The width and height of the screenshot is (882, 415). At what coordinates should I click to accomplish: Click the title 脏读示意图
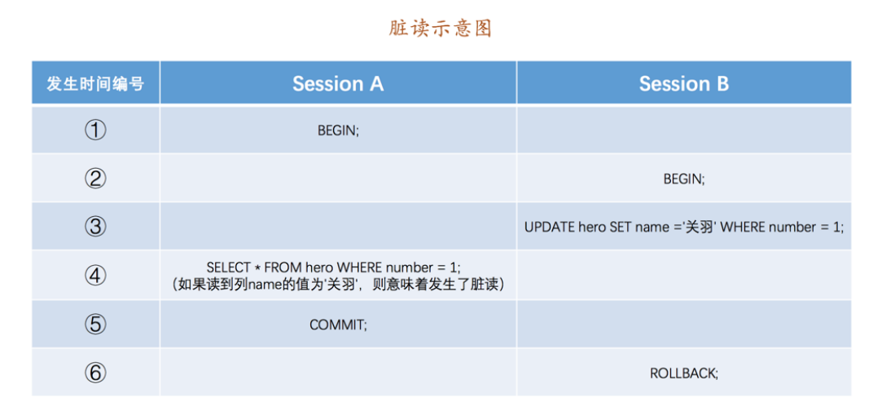click(x=441, y=29)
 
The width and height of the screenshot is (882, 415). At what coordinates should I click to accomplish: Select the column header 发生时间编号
click(x=95, y=83)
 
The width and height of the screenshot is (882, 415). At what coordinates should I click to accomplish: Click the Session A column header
click(x=338, y=83)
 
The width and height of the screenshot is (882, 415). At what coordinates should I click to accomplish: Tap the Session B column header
click(x=683, y=83)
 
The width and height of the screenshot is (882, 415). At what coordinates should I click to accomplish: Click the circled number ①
click(x=95, y=130)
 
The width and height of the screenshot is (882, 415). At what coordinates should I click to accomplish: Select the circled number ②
click(x=95, y=179)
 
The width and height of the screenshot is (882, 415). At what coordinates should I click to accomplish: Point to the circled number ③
click(x=95, y=227)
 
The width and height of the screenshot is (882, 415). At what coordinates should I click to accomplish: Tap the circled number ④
click(x=95, y=276)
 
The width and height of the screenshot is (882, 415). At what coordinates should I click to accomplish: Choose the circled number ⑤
click(x=95, y=324)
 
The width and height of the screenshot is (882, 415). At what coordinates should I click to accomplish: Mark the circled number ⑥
click(x=95, y=373)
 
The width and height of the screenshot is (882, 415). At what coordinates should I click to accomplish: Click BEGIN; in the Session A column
click(x=338, y=130)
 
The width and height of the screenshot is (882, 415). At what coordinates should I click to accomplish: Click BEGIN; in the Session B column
click(x=683, y=179)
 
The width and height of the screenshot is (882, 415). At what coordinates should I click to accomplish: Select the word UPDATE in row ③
click(x=550, y=227)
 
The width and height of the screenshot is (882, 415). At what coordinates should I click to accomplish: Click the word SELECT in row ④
click(x=228, y=267)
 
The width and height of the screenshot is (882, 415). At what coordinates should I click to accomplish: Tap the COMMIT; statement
click(x=338, y=324)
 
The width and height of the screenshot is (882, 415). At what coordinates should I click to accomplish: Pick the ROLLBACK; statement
click(x=683, y=373)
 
